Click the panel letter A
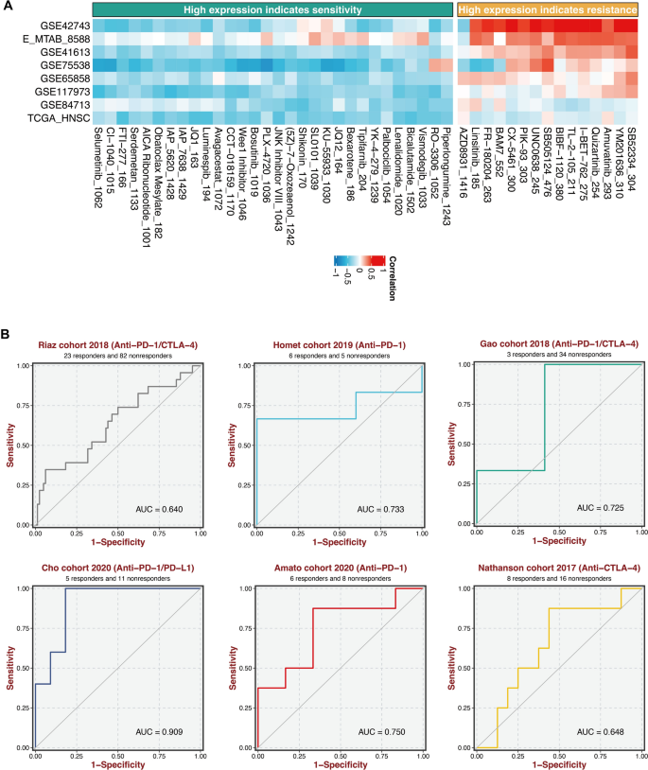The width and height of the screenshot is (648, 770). pyautogui.click(x=8, y=8)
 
